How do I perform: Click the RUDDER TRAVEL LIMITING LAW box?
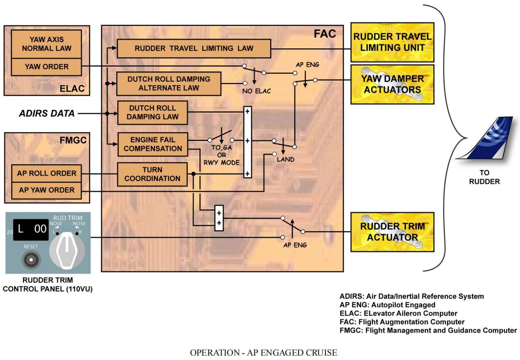click(194, 48)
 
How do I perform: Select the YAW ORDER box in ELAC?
click(46, 67)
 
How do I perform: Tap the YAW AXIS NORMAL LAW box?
click(46, 44)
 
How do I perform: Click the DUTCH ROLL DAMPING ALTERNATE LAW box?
click(169, 83)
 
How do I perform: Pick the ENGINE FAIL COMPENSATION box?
click(152, 144)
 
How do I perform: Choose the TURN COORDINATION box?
click(152, 174)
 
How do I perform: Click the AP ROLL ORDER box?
click(46, 173)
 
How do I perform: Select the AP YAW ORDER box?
click(46, 190)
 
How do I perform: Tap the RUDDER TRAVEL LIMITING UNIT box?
click(392, 42)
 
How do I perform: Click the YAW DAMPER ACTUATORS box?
click(392, 84)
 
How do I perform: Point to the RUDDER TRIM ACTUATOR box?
click(392, 232)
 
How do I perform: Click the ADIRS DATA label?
click(47, 113)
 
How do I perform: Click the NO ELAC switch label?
click(257, 90)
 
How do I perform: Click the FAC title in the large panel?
click(325, 34)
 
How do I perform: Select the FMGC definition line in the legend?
click(428, 330)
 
